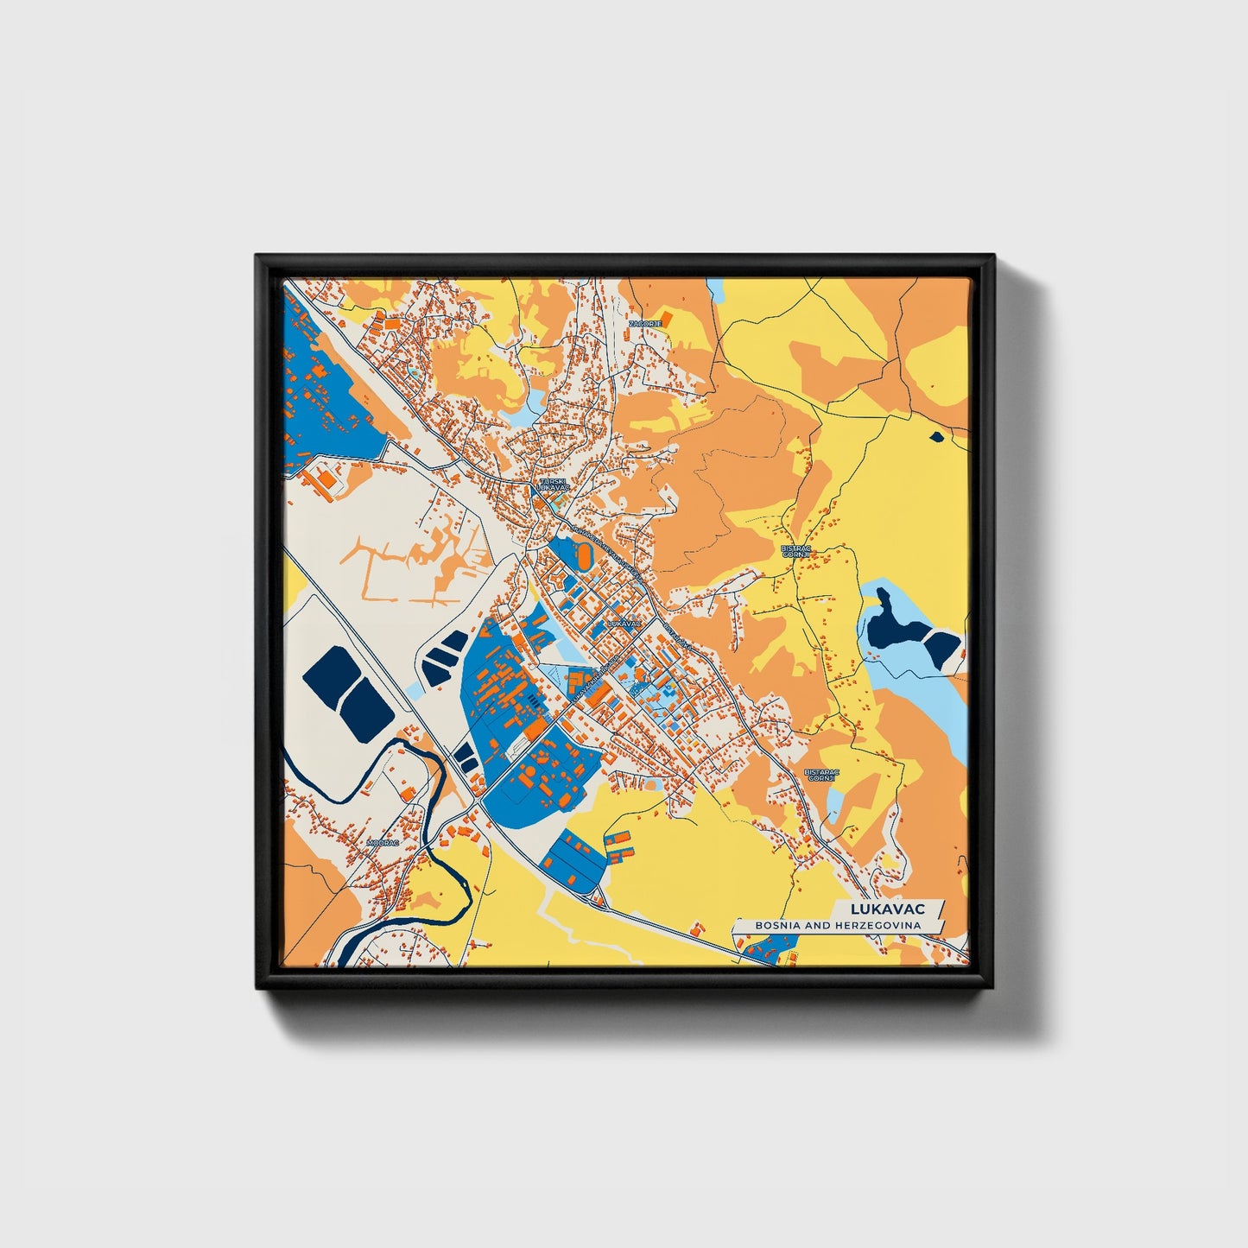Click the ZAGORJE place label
[x=644, y=323]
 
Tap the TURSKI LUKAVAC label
[x=552, y=485]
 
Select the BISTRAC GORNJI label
[x=793, y=551]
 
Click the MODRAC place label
[x=383, y=841]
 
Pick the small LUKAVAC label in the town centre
[x=624, y=623]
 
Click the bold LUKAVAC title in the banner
[x=887, y=909]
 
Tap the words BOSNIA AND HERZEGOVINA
[x=836, y=925]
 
